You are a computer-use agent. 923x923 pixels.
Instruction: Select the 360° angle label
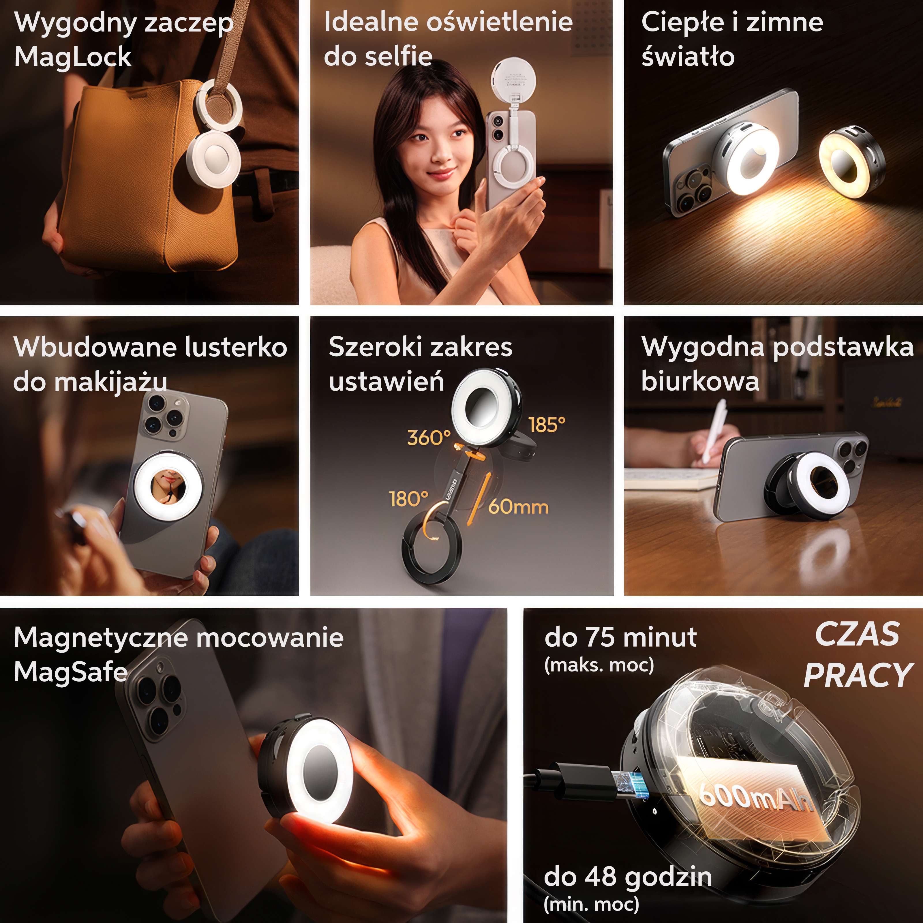pyautogui.click(x=429, y=437)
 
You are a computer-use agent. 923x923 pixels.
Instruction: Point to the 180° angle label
pyautogui.click(x=408, y=499)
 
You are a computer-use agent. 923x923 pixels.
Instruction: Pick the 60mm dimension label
pyautogui.click(x=518, y=506)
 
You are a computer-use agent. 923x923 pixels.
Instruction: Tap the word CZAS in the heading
pyautogui.click(x=857, y=635)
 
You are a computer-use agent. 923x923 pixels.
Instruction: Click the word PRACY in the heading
pyautogui.click(x=858, y=675)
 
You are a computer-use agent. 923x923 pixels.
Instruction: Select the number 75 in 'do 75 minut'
pyautogui.click(x=601, y=637)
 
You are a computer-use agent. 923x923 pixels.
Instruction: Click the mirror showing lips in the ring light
pyautogui.click(x=168, y=487)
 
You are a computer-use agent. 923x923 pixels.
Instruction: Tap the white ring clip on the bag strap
pyautogui.click(x=219, y=106)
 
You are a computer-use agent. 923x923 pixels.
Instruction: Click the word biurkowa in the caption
pyautogui.click(x=700, y=381)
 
